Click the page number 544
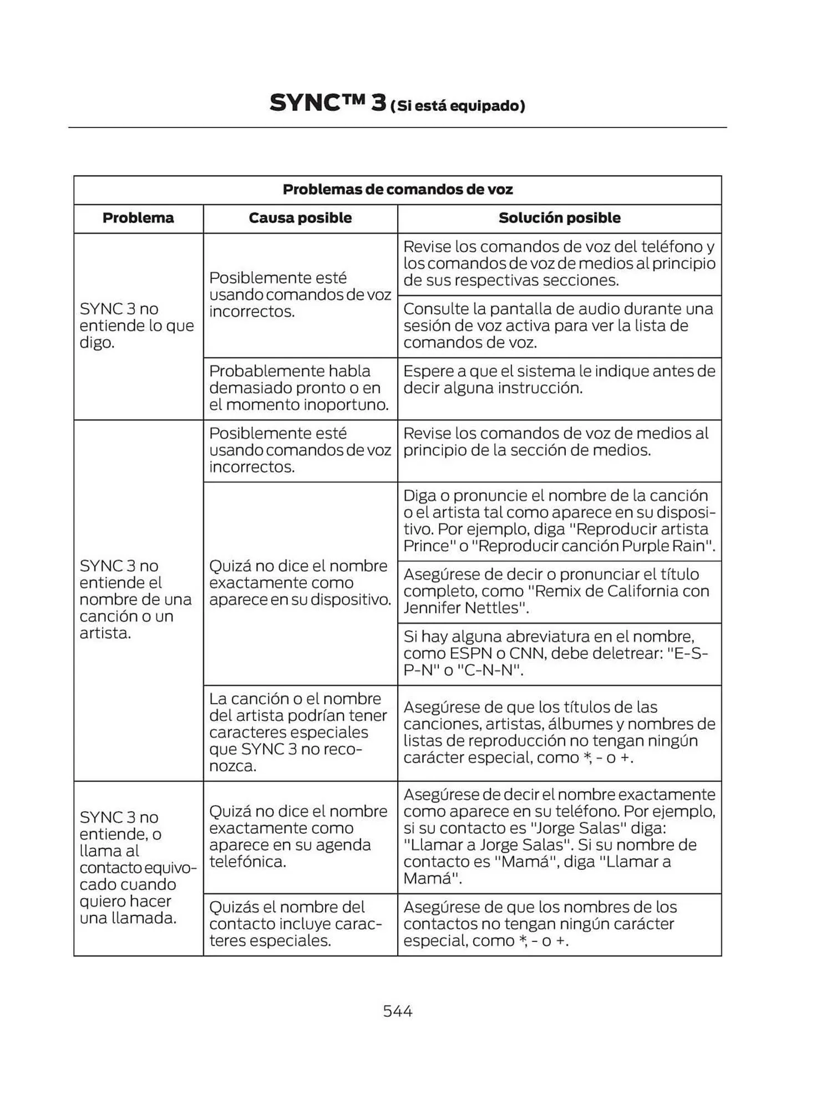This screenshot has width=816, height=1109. point(397,1011)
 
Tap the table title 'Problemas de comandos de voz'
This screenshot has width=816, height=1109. point(397,190)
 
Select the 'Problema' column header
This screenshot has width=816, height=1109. point(138,218)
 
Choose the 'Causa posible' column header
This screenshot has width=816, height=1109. point(300,218)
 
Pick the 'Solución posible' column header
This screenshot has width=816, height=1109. point(559,218)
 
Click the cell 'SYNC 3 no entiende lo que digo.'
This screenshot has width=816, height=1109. point(137,325)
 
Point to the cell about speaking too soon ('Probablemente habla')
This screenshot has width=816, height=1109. point(299,388)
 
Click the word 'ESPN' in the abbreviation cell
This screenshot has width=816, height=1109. point(470,653)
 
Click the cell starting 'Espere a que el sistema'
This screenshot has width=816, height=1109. point(559,379)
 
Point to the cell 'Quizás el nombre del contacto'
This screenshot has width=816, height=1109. point(296,924)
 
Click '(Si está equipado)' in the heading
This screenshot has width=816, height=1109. point(458,106)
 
